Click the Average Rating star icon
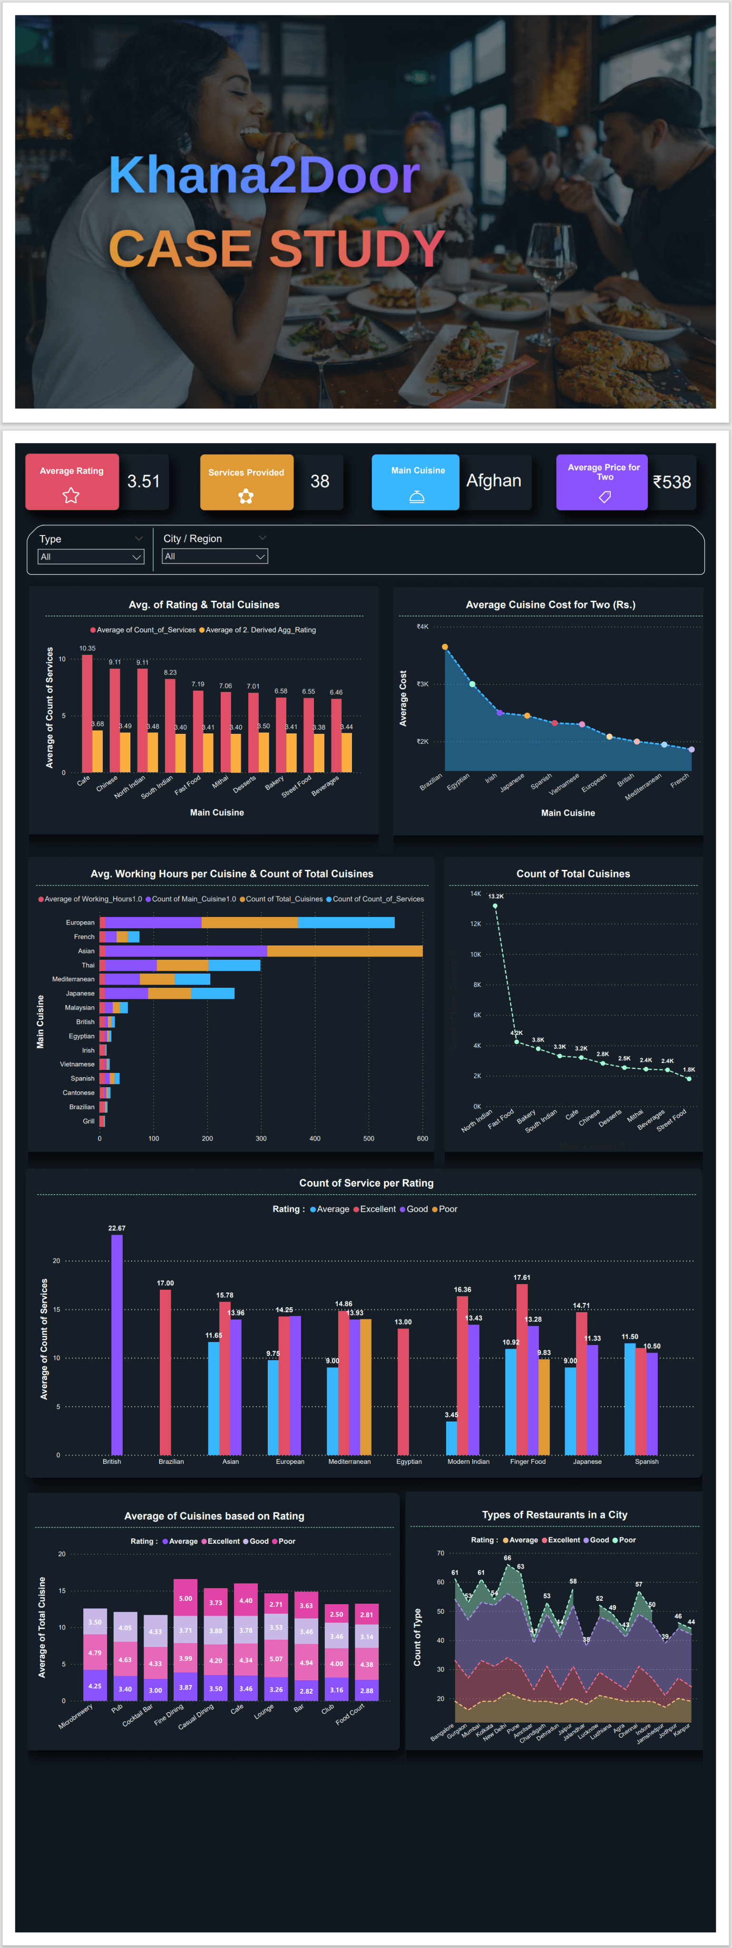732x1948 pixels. click(71, 495)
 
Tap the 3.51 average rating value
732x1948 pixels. click(144, 482)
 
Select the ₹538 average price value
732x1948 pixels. click(672, 482)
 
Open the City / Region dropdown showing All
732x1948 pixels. click(215, 556)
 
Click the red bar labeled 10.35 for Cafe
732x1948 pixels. click(87, 712)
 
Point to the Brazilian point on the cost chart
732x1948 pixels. click(445, 647)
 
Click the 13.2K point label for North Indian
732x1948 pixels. click(495, 896)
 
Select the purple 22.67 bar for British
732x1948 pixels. click(117, 1344)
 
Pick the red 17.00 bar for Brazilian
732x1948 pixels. click(165, 1371)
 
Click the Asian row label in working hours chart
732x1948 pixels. click(86, 951)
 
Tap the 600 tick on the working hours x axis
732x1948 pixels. click(422, 1138)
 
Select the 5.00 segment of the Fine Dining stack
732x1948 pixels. click(185, 1598)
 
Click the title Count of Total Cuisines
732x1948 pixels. click(573, 874)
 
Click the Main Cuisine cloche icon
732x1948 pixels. click(417, 497)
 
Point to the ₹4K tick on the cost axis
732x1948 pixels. click(422, 626)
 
